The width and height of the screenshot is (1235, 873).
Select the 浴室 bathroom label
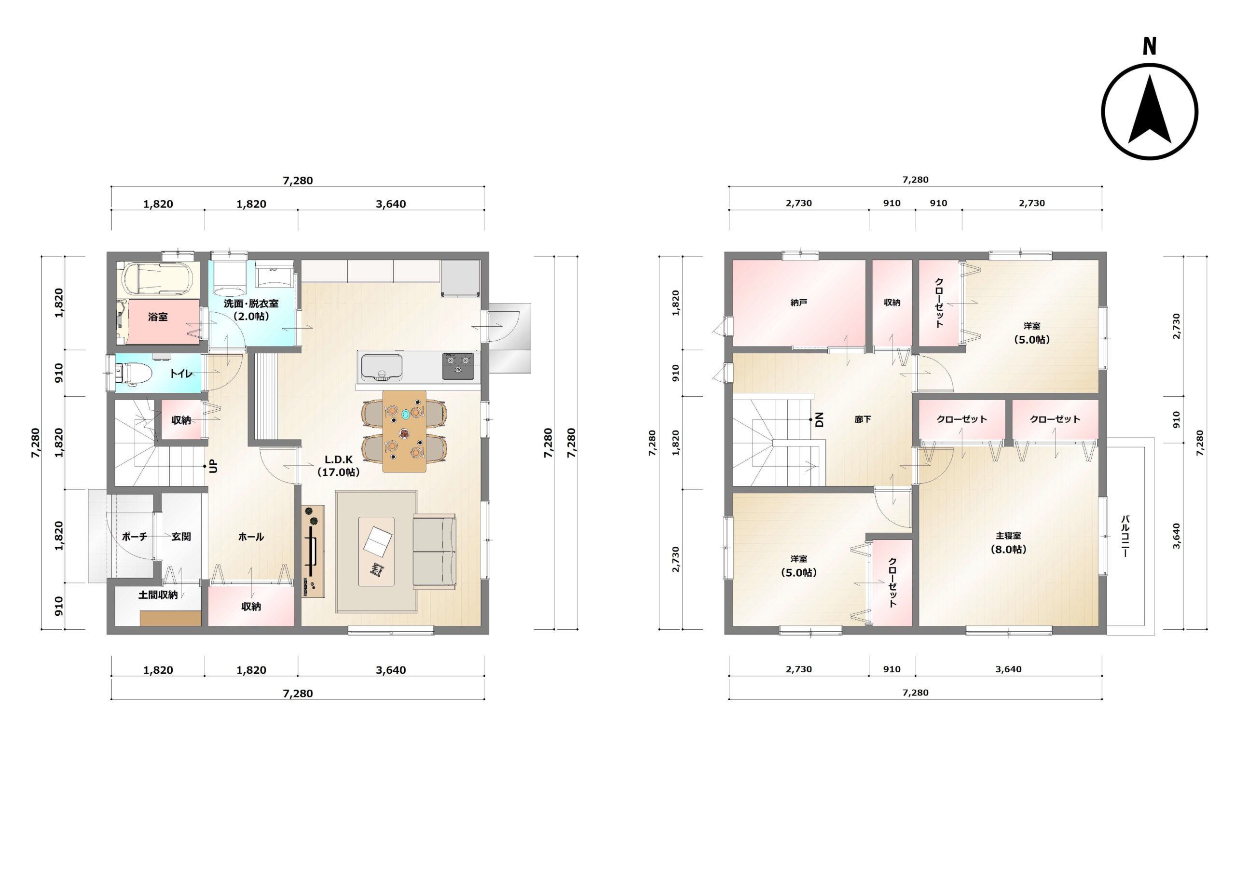point(158,317)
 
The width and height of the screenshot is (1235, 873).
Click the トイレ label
point(181,373)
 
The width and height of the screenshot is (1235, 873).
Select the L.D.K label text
point(338,459)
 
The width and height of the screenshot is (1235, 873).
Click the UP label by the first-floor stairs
point(214,466)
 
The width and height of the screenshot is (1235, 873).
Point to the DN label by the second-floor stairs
point(819,419)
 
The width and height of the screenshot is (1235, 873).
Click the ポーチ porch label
point(135,537)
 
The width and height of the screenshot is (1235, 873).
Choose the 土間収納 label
point(158,595)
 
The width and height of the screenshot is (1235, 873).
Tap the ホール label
point(251,537)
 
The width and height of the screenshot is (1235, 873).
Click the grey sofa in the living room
point(435,551)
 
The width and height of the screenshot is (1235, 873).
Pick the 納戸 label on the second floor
point(799,303)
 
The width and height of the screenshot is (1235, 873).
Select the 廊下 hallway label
point(863,419)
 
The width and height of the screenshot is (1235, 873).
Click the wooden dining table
point(404,431)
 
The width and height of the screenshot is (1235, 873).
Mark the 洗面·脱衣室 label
point(251,304)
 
